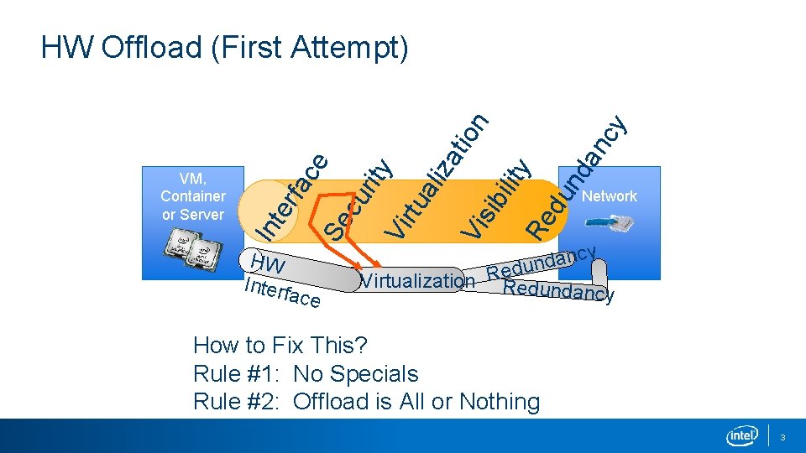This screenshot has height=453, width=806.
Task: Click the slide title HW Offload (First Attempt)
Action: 224,48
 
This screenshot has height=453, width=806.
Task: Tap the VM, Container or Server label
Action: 192,196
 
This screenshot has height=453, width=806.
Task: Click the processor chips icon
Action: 192,247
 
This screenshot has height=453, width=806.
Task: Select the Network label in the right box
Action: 609,196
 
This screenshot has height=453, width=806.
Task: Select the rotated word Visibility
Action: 499,198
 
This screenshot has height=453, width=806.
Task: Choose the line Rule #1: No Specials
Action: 306,373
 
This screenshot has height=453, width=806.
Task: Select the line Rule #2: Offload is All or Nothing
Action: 366,402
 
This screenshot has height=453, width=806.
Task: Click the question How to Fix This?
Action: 280,345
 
